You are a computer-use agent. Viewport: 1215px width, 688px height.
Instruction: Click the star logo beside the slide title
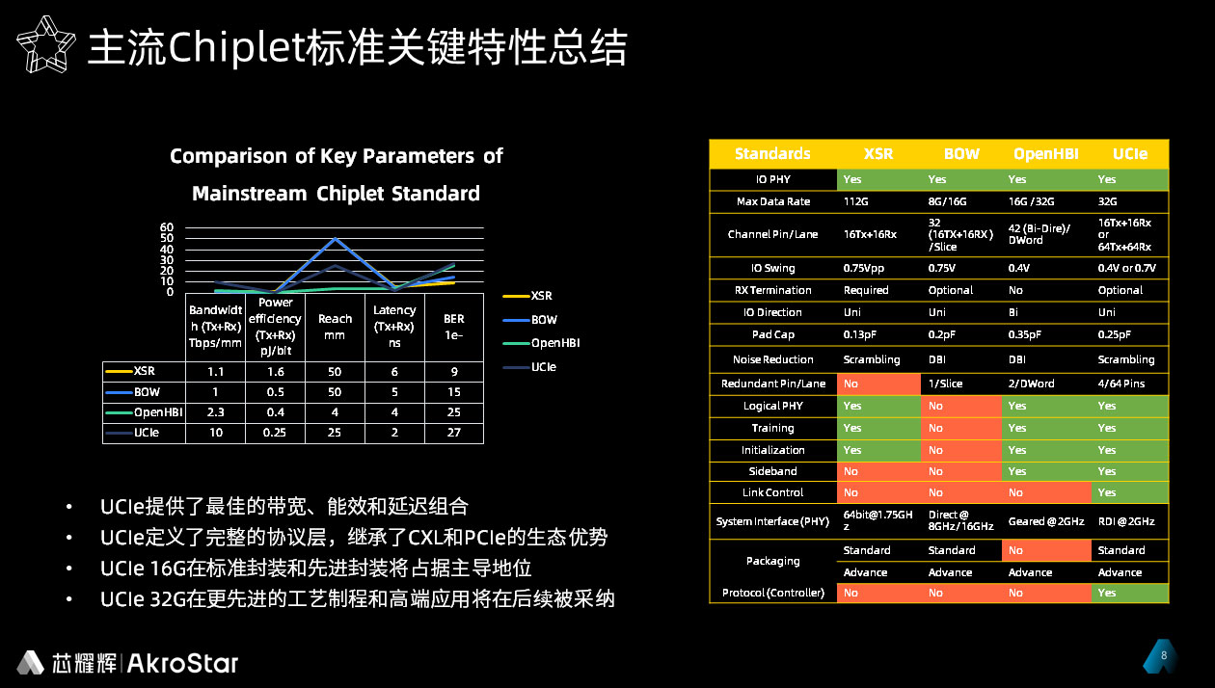coord(46,44)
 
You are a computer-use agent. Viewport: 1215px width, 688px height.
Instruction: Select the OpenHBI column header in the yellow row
coord(1045,154)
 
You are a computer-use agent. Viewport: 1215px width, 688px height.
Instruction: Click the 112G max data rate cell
coord(856,201)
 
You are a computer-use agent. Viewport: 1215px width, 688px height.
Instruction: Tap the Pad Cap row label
coord(773,334)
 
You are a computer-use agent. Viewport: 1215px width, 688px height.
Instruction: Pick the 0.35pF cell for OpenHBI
coord(1025,334)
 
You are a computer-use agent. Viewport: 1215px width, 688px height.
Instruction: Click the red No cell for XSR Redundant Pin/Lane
coord(878,384)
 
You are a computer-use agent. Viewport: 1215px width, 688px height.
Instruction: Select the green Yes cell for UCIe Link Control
coord(1130,492)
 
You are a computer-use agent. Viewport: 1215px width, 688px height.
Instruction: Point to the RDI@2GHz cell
coord(1126,521)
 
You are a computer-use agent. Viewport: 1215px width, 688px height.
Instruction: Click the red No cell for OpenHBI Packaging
coord(1046,550)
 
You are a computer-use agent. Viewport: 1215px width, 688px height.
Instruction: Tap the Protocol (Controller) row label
coord(773,593)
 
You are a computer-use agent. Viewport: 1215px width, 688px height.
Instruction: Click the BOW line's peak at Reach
coord(336,238)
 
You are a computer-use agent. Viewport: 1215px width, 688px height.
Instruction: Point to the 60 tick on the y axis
coord(167,227)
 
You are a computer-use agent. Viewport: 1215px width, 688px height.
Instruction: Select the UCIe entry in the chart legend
coord(529,367)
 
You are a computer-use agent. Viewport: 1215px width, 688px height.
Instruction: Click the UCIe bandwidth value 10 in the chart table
coord(216,433)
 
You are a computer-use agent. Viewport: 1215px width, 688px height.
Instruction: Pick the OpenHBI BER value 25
coord(454,412)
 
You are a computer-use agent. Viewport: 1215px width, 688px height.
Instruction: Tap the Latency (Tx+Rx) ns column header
coord(394,327)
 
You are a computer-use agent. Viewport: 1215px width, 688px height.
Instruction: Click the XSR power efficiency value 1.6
coord(276,371)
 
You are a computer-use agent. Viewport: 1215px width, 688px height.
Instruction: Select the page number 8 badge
coord(1160,656)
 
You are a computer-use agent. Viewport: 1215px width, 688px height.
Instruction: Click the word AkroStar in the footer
coord(183,663)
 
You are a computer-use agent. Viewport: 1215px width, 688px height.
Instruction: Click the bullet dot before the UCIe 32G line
coord(68,599)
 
